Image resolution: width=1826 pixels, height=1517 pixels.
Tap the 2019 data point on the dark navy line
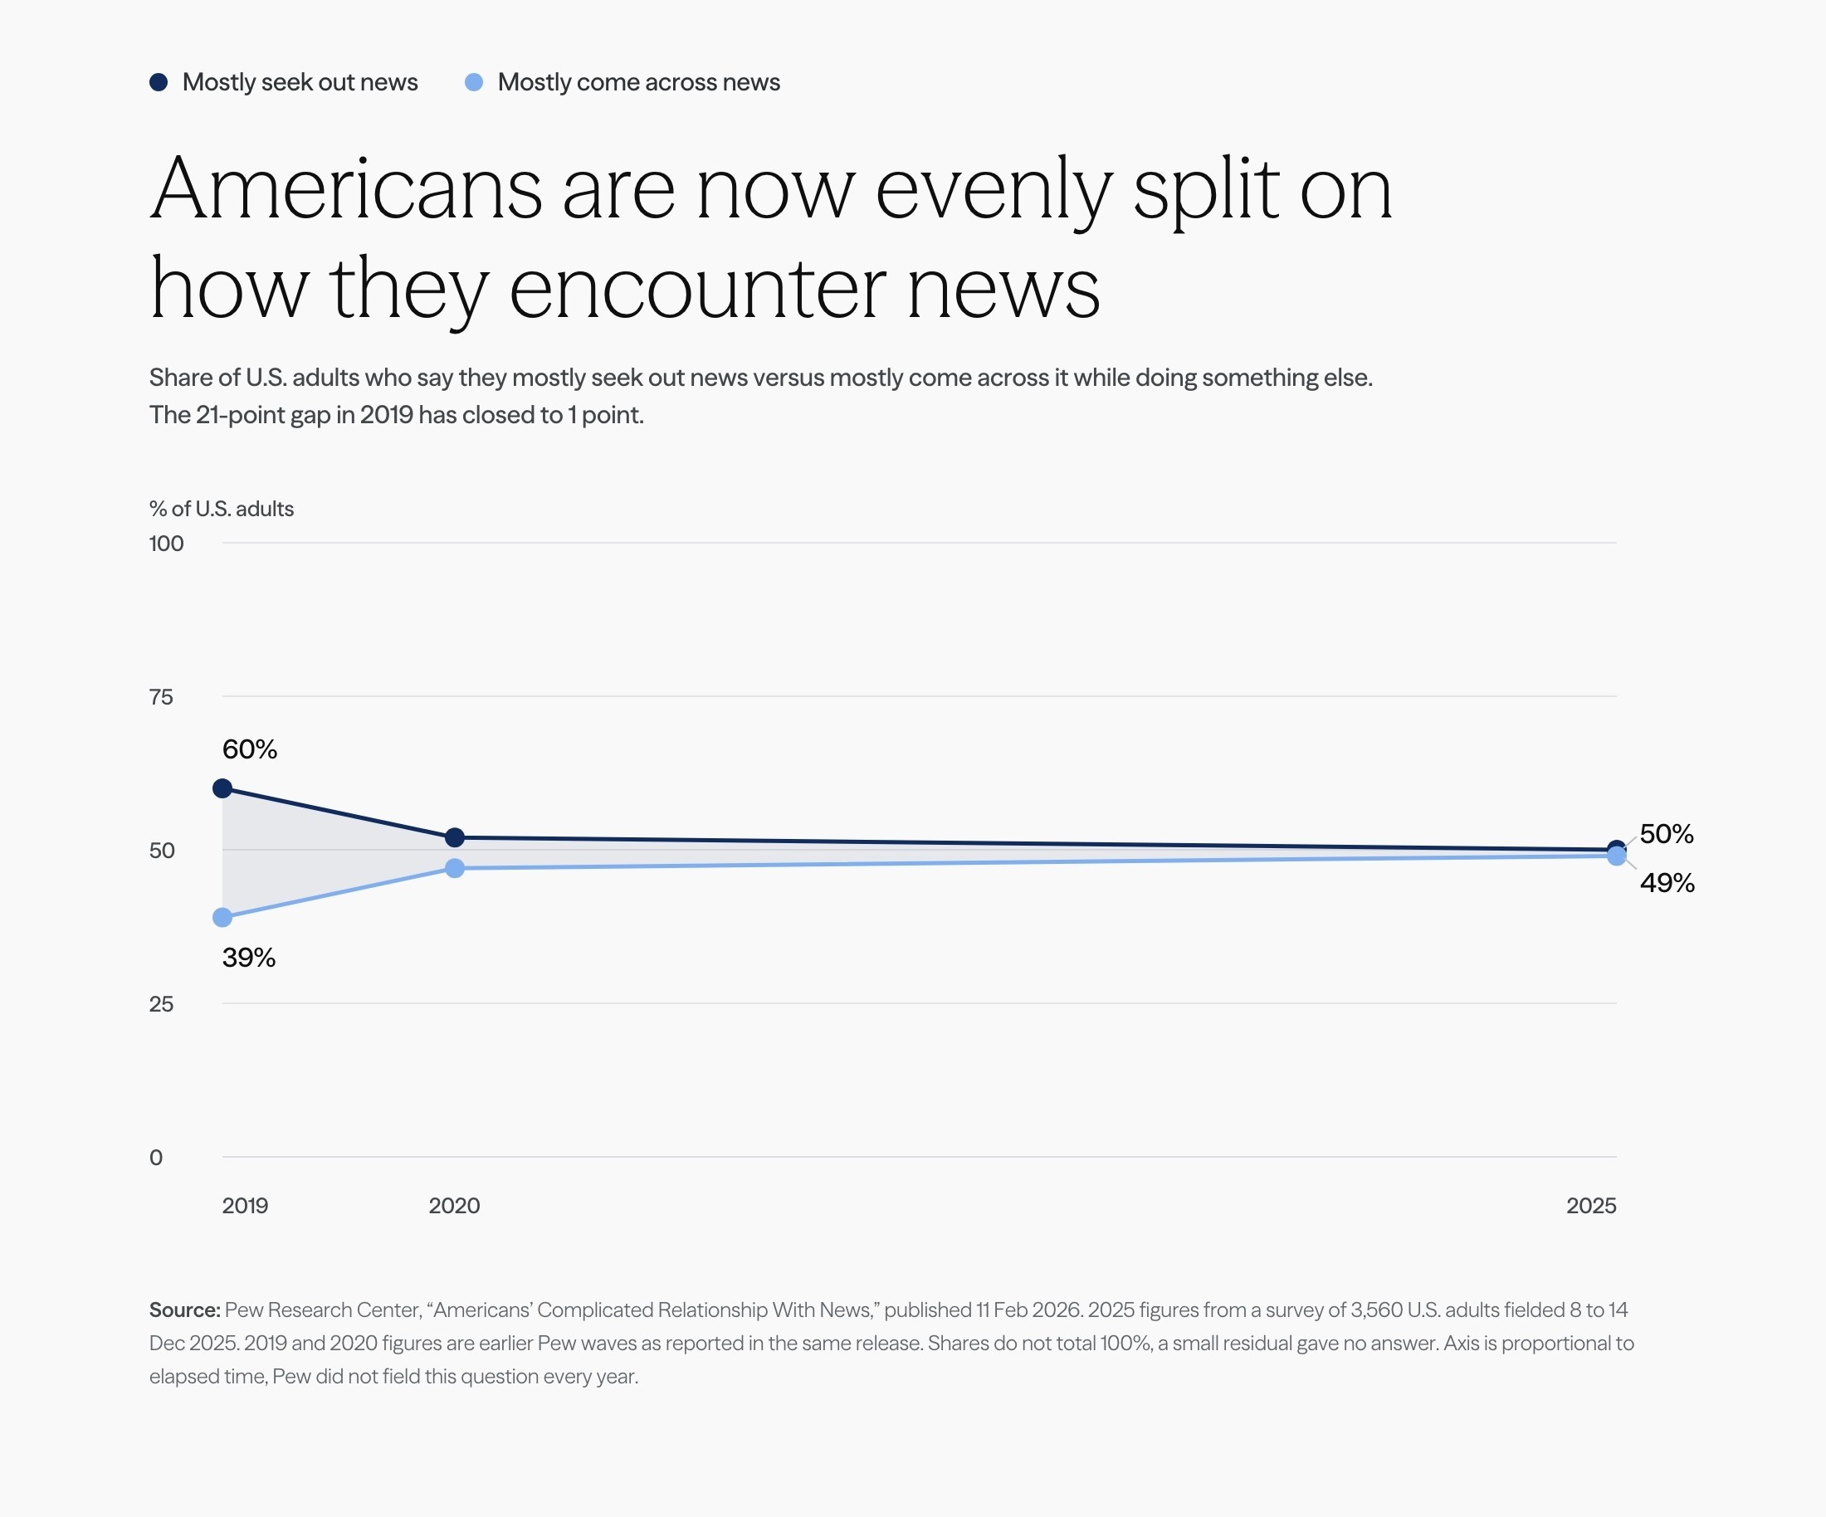222,788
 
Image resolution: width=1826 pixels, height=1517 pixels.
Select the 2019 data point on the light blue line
222,917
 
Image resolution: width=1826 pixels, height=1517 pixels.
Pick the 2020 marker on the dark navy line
455,838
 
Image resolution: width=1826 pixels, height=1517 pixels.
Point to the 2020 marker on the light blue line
455,867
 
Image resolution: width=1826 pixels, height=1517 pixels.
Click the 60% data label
250,749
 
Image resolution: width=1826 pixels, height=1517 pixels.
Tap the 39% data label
249,958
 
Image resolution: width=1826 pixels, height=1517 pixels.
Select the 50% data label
1667,835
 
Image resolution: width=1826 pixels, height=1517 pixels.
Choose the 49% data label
1667,883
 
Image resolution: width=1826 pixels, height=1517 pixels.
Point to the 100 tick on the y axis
166,544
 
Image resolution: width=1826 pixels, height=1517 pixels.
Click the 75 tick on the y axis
161,697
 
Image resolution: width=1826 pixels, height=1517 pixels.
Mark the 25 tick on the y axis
161,1004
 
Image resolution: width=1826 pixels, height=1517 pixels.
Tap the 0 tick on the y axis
156,1158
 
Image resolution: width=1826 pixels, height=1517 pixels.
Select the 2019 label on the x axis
245,1206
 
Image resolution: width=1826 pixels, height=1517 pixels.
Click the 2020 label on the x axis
455,1206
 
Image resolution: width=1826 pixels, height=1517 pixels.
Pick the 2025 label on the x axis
1591,1206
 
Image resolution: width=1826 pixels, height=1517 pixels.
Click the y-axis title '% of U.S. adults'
222,509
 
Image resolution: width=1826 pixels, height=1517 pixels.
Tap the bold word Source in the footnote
184,1310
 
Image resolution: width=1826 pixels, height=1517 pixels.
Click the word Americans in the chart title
347,189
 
